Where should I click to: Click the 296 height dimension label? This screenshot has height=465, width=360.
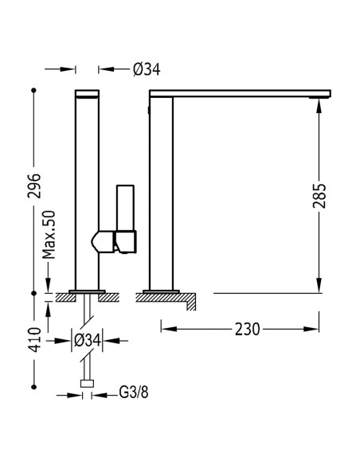[33, 186]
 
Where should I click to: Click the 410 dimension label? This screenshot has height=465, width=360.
[36, 339]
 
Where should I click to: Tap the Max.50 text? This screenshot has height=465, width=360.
[49, 235]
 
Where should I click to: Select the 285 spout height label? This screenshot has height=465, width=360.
[319, 196]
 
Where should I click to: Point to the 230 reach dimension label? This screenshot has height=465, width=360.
[247, 329]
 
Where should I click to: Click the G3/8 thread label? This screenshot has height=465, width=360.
[134, 392]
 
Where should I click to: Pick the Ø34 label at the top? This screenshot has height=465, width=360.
[147, 70]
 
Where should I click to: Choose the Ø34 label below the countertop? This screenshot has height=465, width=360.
[88, 341]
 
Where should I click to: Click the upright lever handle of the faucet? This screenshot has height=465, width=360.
[125, 208]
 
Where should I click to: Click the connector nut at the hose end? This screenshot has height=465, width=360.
[87, 384]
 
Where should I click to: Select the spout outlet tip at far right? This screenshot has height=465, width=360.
[319, 97]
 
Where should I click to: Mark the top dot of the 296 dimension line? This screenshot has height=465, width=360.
[33, 90]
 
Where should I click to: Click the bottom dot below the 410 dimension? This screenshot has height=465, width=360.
[33, 387]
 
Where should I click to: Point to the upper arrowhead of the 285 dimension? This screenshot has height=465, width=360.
[319, 106]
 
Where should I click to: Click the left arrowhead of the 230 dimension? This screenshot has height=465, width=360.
[169, 329]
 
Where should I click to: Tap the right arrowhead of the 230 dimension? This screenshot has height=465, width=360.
[311, 329]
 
